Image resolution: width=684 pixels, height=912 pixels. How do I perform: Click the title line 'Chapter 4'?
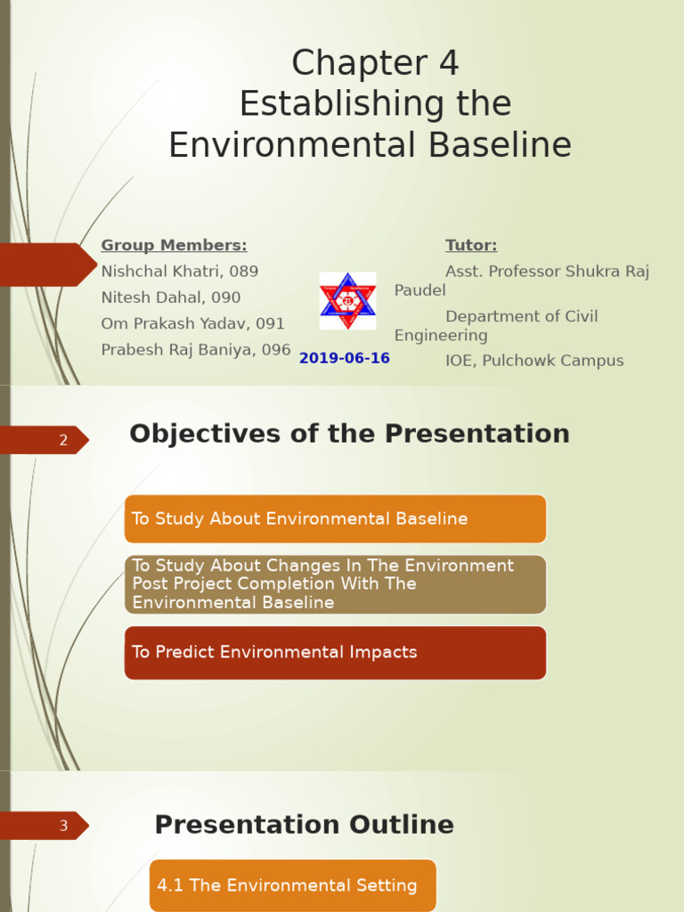(x=375, y=64)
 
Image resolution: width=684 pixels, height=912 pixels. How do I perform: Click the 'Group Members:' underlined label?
(x=174, y=246)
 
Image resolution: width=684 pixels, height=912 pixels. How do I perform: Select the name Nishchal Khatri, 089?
(x=179, y=272)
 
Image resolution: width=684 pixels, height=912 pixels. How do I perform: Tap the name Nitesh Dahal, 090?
(x=171, y=297)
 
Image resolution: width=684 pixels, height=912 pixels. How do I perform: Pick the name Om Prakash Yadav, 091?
(x=192, y=323)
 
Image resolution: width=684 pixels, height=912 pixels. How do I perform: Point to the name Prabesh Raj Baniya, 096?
(x=196, y=350)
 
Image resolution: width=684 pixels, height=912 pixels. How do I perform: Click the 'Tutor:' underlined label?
(x=471, y=246)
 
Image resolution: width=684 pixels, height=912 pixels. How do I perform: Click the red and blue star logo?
(x=347, y=301)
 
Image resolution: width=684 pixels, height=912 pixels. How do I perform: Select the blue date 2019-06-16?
(x=345, y=358)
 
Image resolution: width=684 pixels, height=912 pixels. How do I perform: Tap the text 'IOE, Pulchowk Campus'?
(x=534, y=361)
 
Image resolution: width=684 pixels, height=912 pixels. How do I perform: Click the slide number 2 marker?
(x=62, y=440)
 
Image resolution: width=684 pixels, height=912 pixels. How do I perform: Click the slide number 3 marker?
(x=62, y=826)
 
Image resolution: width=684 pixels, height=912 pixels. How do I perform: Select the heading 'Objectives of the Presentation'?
(x=349, y=434)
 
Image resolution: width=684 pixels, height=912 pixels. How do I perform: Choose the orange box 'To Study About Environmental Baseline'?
(x=335, y=519)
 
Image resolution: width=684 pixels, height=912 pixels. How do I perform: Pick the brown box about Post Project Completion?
(x=335, y=584)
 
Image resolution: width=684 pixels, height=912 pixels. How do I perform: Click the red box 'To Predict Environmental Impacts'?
(x=335, y=652)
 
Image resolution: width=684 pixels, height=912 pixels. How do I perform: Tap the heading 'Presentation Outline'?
(x=304, y=825)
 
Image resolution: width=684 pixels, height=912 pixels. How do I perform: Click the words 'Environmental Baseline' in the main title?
(x=370, y=145)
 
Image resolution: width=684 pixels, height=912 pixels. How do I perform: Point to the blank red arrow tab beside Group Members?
(x=45, y=265)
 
